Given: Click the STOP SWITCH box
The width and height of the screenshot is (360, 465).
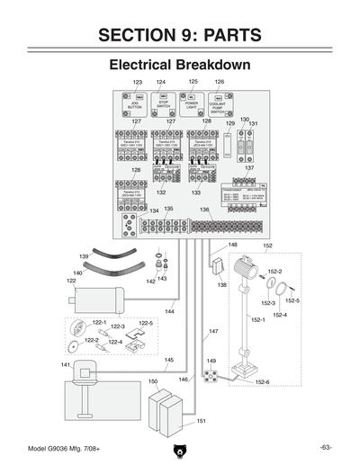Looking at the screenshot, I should pyautogui.click(x=163, y=103).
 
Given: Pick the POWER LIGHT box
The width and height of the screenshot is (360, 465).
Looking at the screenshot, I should pyautogui.click(x=193, y=102).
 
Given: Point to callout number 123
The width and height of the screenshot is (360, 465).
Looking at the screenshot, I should pyautogui.click(x=138, y=82).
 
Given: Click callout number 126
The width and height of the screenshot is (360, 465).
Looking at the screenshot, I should pyautogui.click(x=219, y=82).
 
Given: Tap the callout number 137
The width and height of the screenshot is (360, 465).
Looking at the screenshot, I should pyautogui.click(x=249, y=168).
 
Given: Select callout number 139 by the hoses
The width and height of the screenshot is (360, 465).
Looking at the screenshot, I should pyautogui.click(x=84, y=256).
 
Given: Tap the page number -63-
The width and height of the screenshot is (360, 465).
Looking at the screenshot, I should pyautogui.click(x=326, y=447).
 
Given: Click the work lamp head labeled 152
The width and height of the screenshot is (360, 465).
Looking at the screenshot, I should pyautogui.click(x=241, y=271).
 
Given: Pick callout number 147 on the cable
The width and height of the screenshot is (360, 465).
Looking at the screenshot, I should pyautogui.click(x=214, y=332).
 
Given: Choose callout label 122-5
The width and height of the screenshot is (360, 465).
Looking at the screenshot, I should pyautogui.click(x=146, y=323).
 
